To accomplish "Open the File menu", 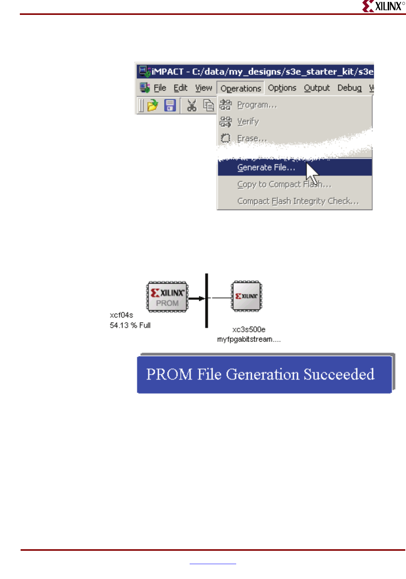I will [160, 88].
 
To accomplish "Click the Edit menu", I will [180, 88].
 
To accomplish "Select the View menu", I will [203, 88].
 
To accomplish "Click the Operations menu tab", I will [240, 89].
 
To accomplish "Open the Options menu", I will [282, 88].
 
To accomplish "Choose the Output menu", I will [317, 88].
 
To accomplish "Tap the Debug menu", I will [349, 88].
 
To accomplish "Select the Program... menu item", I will [257, 105].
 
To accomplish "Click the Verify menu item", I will [248, 122].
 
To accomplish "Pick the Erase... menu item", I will [252, 139].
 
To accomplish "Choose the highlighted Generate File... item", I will [266, 168].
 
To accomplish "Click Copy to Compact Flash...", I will [284, 184].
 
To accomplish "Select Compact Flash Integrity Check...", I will [298, 201].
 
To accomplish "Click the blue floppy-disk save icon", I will [170, 105].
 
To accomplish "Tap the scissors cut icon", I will [192, 105].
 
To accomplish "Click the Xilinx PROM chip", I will [167, 297].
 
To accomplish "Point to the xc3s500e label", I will [249, 329].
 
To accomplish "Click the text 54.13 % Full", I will [130, 326].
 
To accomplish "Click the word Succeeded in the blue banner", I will [339, 374].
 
